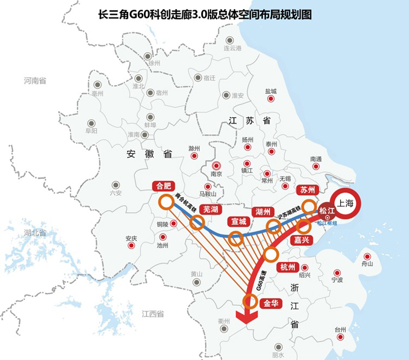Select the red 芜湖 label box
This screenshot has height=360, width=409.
click(210, 210)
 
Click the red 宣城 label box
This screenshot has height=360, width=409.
click(238, 222)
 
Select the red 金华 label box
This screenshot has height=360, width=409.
click(272, 304)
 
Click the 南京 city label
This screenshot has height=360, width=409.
click(216, 174)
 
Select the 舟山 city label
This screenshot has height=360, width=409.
click(367, 264)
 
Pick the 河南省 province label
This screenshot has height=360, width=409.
click(35, 81)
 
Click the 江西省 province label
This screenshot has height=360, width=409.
click(153, 314)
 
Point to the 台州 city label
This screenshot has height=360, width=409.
click(340, 330)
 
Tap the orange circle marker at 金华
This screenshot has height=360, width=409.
click(250, 301)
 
